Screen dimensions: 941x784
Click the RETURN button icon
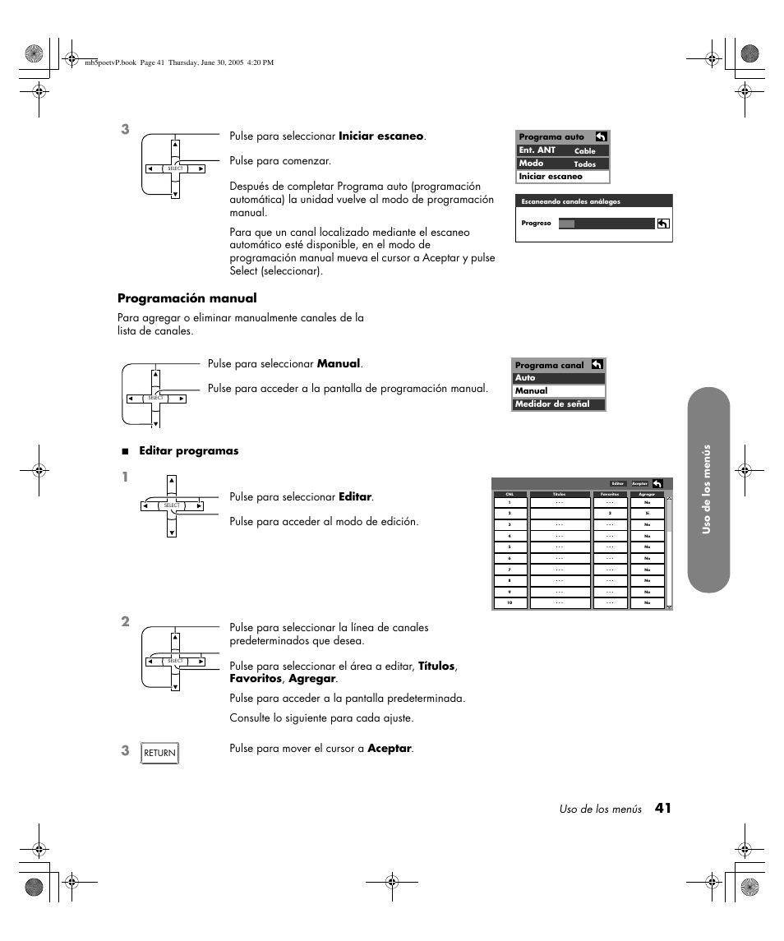(x=160, y=753)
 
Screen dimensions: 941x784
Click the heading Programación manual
(x=187, y=298)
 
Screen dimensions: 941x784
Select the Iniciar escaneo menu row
(x=563, y=177)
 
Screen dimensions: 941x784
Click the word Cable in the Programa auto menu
(x=584, y=151)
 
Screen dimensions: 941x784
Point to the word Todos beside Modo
(x=584, y=164)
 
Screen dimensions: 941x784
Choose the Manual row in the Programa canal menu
(x=559, y=391)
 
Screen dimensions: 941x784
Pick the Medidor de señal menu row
(x=559, y=404)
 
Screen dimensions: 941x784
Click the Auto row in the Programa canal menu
(x=559, y=378)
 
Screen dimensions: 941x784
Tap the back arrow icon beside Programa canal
(x=597, y=364)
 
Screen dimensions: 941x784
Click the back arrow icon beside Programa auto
(x=601, y=136)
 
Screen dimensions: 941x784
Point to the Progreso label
(x=536, y=224)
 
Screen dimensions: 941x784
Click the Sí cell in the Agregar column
(x=648, y=513)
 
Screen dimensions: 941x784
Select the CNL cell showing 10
(x=510, y=603)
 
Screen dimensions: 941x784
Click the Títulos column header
(x=560, y=495)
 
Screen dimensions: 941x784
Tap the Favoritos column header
(x=610, y=495)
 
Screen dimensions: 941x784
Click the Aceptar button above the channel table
(x=639, y=484)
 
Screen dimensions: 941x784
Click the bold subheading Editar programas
(x=188, y=451)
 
